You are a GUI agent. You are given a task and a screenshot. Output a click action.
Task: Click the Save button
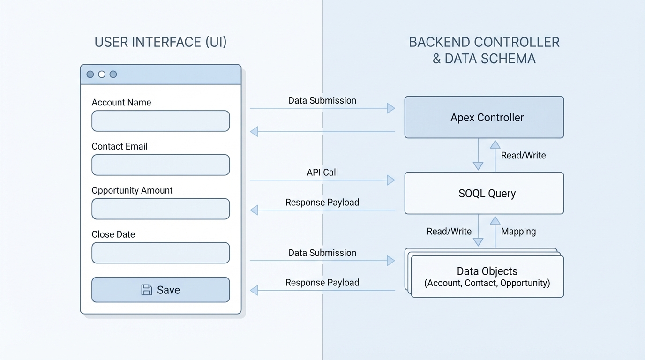[160, 290]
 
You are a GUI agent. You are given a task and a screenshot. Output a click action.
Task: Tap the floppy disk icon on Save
[147, 290]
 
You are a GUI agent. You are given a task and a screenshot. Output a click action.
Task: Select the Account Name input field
[160, 121]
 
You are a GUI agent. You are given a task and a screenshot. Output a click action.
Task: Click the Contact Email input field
[160, 165]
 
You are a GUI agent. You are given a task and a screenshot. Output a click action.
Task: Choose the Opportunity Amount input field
[160, 209]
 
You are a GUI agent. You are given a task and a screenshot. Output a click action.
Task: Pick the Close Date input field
[160, 253]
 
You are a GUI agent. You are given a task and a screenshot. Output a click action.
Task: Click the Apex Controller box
[484, 117]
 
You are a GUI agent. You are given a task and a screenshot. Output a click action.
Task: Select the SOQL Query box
[484, 193]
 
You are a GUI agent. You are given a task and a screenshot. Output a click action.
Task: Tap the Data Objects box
[487, 277]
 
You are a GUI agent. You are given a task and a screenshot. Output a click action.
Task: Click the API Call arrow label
[322, 172]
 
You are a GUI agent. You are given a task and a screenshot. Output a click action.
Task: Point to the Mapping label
[518, 231]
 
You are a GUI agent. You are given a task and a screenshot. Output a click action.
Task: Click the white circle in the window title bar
[102, 74]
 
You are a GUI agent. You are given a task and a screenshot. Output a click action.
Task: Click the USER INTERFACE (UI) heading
[160, 42]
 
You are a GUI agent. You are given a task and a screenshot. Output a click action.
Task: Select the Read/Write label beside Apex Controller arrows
[523, 155]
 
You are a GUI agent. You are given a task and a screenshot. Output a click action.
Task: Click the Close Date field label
[113, 234]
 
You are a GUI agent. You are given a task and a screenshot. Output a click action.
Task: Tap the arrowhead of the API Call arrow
[391, 180]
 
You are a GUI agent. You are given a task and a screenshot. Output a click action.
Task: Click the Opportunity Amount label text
[132, 190]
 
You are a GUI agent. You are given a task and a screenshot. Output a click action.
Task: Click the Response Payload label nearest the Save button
[322, 283]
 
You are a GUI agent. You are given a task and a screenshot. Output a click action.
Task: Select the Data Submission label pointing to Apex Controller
[322, 101]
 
